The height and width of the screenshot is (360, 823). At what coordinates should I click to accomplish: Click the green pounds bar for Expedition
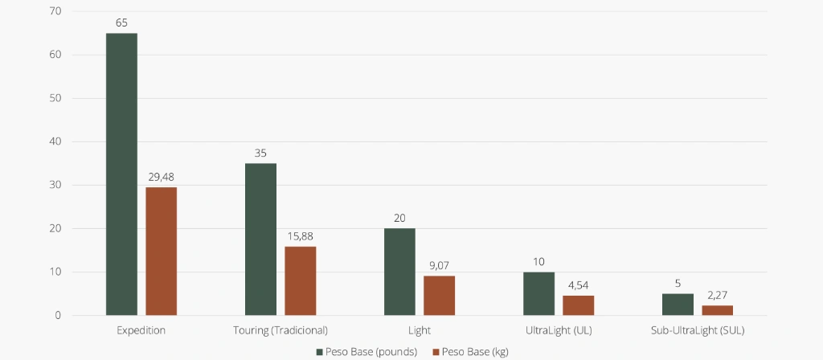click(x=121, y=174)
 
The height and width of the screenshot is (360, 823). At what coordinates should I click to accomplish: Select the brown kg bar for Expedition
click(x=161, y=251)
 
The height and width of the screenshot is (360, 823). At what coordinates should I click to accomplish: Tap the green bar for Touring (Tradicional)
click(x=260, y=239)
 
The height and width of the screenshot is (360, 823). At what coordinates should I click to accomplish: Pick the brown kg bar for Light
click(x=439, y=295)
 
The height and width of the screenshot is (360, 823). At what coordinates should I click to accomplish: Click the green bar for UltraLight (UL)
click(x=538, y=293)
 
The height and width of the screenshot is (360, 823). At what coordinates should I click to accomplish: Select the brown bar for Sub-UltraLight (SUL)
click(x=717, y=310)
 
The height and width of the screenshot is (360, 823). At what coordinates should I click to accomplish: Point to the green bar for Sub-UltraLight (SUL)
click(x=678, y=304)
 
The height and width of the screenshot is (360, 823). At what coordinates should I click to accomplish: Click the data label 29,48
click(x=161, y=177)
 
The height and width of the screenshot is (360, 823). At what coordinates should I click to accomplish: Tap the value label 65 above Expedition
click(x=121, y=22)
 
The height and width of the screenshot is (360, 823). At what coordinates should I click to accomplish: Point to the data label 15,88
click(x=300, y=236)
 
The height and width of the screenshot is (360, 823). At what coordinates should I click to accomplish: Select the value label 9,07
click(x=439, y=266)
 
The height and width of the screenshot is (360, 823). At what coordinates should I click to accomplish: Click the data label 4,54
click(x=578, y=285)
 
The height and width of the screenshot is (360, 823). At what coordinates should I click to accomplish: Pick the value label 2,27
click(x=717, y=295)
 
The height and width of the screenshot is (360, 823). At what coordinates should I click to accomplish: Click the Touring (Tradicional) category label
click(x=280, y=330)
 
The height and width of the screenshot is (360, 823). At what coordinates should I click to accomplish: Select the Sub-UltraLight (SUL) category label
click(x=698, y=330)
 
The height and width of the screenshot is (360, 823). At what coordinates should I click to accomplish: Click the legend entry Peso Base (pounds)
click(x=366, y=351)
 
